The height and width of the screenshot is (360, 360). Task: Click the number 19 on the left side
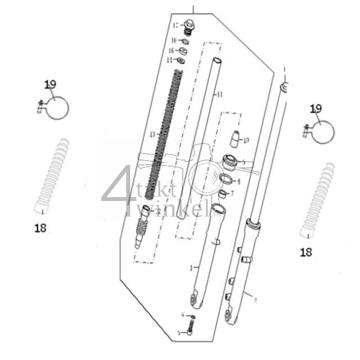pos(50,84)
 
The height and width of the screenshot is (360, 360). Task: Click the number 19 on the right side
pos(316,109)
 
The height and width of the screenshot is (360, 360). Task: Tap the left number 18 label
pos(40,228)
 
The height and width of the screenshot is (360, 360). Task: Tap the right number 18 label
pos(306,252)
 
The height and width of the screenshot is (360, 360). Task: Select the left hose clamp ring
pos(57,107)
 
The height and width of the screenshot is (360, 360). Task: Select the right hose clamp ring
pos(322,131)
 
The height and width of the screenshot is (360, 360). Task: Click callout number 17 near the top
pos(176,25)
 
